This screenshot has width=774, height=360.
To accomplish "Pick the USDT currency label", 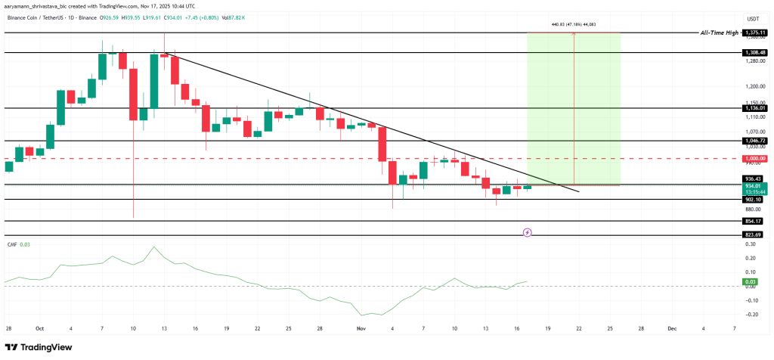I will click(753, 19).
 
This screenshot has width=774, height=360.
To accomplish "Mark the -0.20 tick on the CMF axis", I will click(751, 314).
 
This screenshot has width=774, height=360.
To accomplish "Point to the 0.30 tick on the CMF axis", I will click(751, 244).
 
